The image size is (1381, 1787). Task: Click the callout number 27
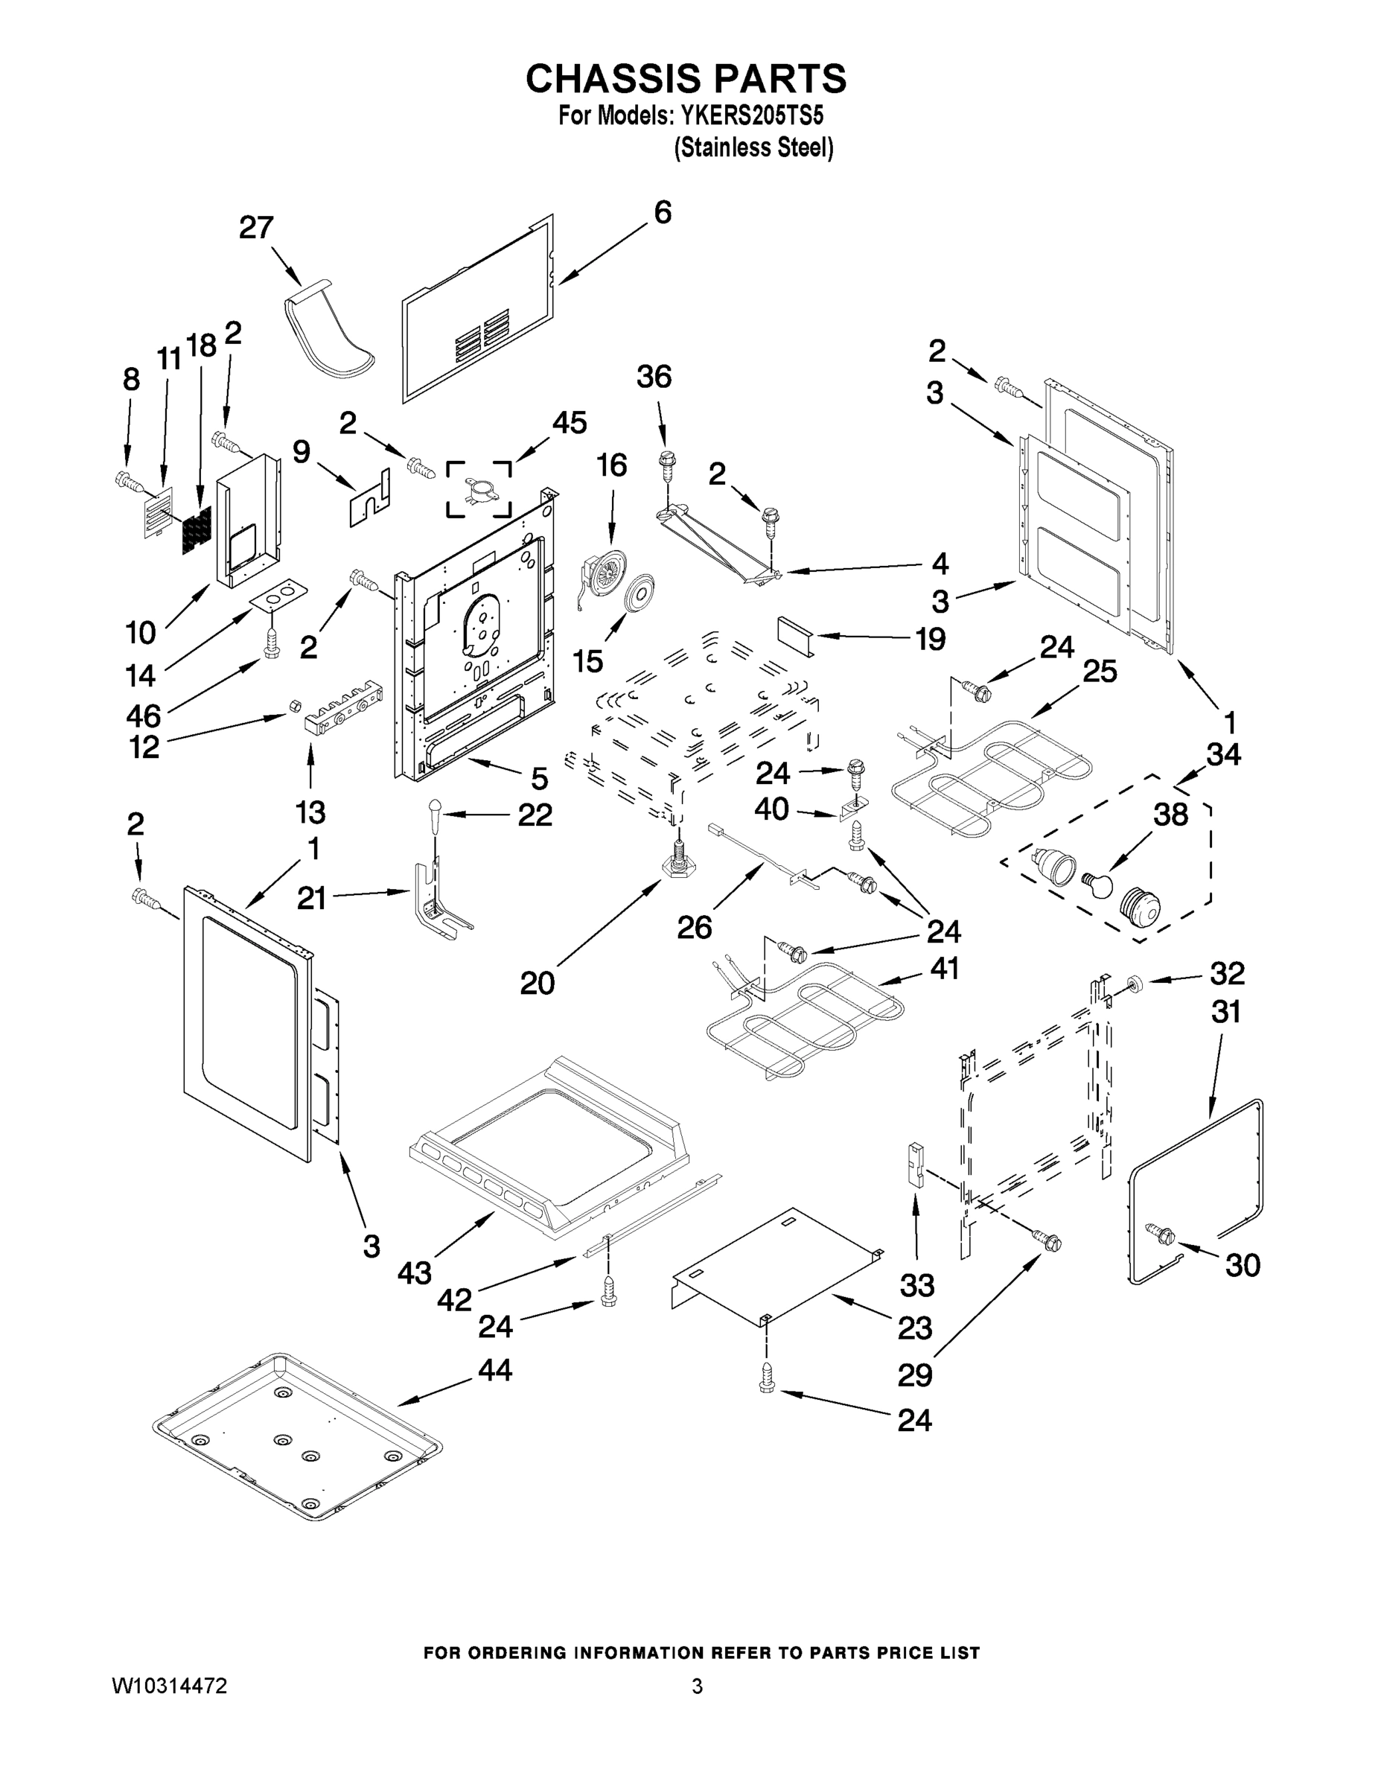click(256, 227)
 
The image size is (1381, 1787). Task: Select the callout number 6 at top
click(662, 212)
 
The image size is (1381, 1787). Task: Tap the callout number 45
click(570, 423)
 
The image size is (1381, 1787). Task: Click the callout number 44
click(494, 1370)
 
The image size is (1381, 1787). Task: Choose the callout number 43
click(415, 1272)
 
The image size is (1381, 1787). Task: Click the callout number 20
click(537, 983)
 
